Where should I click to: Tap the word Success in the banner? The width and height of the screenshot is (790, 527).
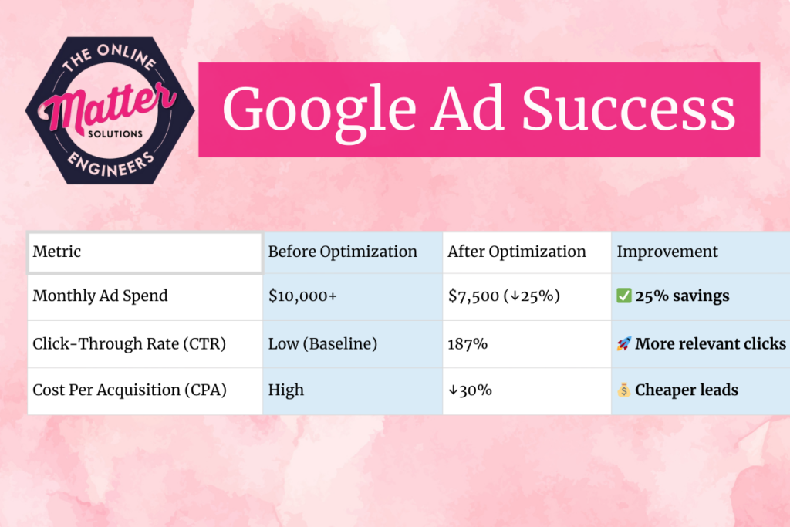[628, 109]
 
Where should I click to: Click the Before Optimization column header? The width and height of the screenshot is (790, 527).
[343, 252]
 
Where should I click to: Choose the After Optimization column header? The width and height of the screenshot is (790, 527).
[517, 252]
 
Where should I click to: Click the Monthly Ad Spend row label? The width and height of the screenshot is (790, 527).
[100, 296]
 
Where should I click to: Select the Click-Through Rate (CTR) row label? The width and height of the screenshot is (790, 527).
[129, 344]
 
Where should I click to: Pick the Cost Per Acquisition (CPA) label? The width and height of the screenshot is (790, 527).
[130, 390]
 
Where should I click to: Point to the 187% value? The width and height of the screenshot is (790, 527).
[468, 344]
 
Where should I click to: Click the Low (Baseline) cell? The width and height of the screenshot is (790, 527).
[322, 344]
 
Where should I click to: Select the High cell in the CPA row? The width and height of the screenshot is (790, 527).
[286, 390]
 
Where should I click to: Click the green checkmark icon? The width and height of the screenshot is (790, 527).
[623, 296]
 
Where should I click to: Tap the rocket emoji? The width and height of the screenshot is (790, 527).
[623, 344]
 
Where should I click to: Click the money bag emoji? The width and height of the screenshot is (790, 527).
[623, 390]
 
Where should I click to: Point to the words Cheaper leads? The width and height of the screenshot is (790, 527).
[687, 390]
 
